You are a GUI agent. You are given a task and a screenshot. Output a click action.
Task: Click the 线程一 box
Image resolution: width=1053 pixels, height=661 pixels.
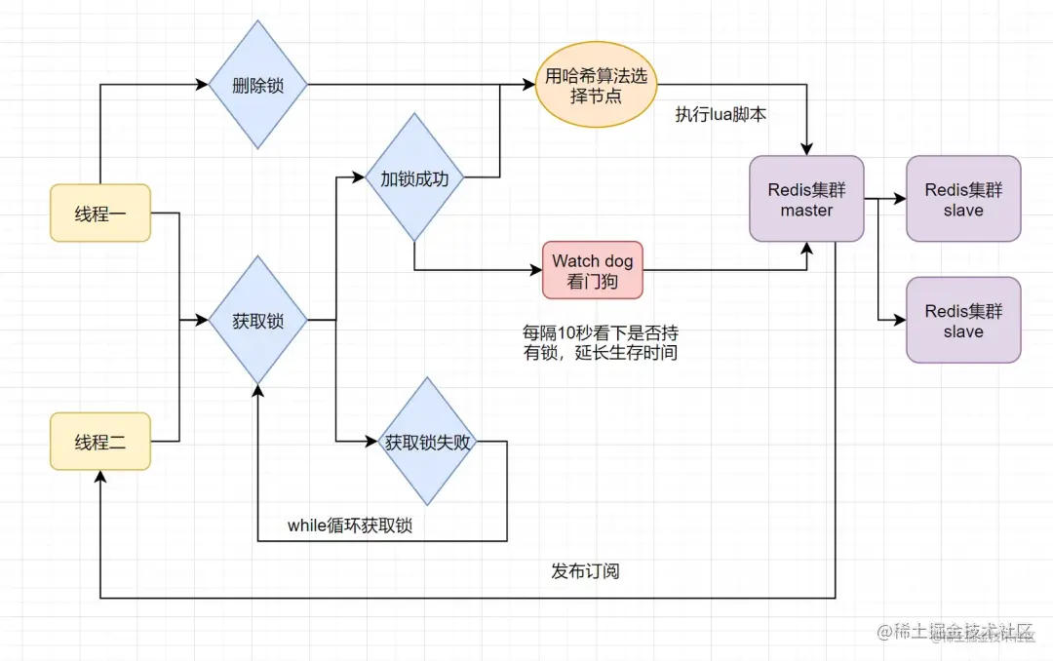[x=100, y=213]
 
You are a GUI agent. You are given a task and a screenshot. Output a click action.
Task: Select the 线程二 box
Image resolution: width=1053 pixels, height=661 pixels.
[x=100, y=442]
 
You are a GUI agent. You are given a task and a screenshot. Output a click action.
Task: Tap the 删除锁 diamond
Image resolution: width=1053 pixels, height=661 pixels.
[x=258, y=85]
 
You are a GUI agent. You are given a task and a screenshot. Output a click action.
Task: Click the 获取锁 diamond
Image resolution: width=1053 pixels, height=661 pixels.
[x=258, y=320]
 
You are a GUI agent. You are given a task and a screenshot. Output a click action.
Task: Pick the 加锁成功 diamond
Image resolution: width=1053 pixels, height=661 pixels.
[x=414, y=177]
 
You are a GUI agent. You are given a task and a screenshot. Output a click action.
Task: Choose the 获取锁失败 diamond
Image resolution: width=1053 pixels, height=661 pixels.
[x=427, y=442]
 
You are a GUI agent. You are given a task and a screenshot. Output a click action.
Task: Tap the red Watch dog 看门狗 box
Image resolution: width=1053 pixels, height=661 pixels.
[x=593, y=270]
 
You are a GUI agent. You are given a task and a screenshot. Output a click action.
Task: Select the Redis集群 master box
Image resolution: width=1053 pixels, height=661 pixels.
[x=806, y=199]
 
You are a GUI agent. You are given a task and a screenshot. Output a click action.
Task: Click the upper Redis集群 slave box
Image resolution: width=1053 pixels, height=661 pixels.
[x=963, y=199]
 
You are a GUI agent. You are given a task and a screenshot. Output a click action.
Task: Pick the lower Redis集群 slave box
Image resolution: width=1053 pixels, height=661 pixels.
[x=963, y=320]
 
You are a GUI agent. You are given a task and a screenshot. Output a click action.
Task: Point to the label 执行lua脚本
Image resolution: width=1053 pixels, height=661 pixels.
[x=721, y=114]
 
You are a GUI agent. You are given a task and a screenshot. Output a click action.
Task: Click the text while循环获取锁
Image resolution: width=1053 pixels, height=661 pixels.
[x=350, y=525]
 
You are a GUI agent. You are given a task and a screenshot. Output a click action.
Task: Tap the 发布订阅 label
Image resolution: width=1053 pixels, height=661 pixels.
[x=585, y=570]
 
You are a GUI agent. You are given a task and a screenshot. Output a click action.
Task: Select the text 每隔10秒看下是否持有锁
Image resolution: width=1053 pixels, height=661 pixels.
[x=601, y=342]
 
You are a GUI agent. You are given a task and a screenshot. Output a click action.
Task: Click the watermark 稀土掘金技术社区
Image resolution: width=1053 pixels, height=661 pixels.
[x=960, y=632]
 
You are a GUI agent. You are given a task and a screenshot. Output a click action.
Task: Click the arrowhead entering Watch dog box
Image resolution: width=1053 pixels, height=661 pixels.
[x=536, y=270]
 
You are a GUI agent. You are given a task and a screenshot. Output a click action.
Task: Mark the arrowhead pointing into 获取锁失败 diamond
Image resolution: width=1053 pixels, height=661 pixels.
[x=371, y=442]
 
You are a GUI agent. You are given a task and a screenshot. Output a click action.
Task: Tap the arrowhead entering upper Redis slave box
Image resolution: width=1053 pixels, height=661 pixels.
[x=901, y=199]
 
